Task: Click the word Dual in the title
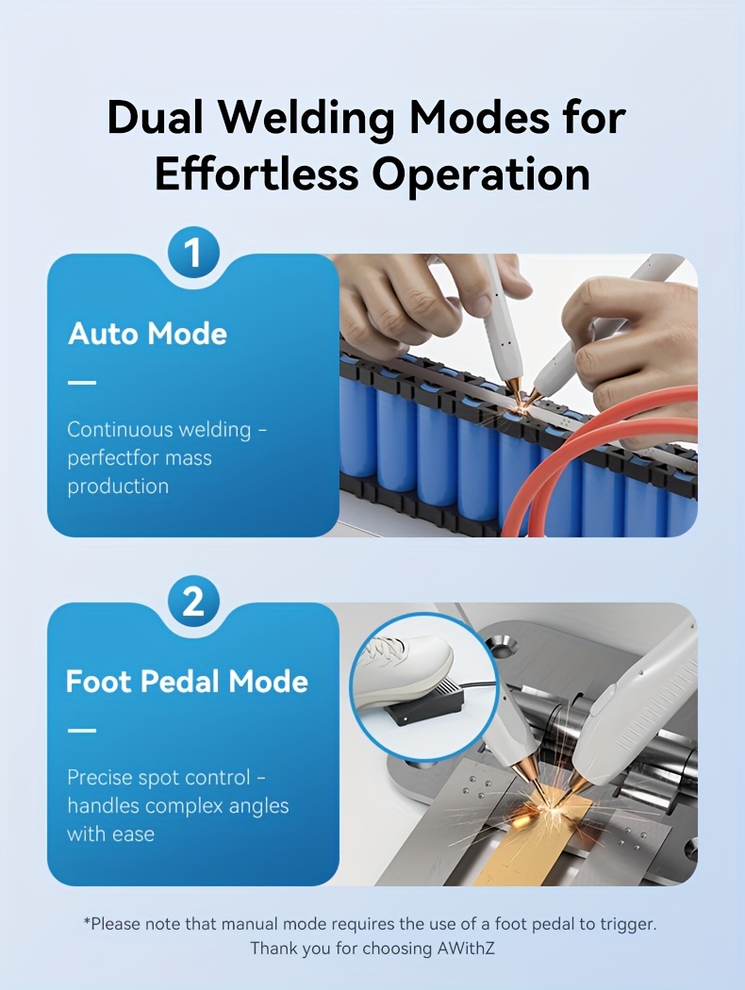point(161,119)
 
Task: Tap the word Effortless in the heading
point(256,174)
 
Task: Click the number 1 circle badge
point(192,254)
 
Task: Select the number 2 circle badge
point(192,602)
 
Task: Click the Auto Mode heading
point(147,334)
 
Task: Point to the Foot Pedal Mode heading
point(187,682)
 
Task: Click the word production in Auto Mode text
point(118,487)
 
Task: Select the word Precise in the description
point(101,778)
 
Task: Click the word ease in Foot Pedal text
point(133,834)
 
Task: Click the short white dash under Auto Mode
point(82,383)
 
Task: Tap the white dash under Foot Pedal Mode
point(82,731)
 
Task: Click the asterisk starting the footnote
point(87,921)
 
